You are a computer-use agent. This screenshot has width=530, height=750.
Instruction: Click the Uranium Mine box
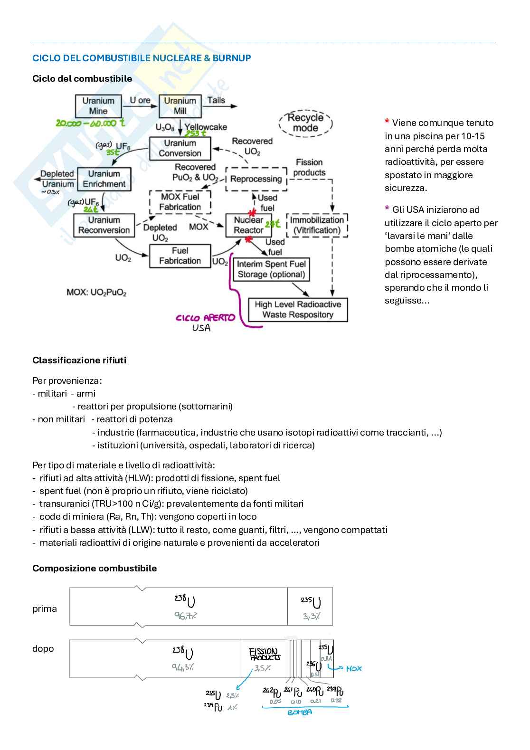(x=98, y=106)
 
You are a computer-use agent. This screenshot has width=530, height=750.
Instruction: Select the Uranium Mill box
(x=180, y=106)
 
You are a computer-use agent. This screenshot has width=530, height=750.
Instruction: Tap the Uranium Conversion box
(x=180, y=148)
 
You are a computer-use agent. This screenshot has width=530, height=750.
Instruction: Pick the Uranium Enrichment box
(x=104, y=179)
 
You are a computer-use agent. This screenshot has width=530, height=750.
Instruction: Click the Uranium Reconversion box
(x=104, y=225)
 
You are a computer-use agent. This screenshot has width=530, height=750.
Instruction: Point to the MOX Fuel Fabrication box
(x=180, y=202)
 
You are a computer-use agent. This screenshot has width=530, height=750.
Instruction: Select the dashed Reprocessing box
(x=256, y=179)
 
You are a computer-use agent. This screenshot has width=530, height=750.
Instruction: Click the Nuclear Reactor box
(x=248, y=225)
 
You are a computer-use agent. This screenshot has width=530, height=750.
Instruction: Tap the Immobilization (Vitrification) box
(x=317, y=225)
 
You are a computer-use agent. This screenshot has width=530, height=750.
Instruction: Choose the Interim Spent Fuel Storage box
(x=271, y=269)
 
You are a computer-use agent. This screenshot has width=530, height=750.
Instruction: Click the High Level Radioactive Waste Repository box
(x=298, y=310)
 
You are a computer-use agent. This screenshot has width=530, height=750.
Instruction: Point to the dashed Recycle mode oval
(x=305, y=123)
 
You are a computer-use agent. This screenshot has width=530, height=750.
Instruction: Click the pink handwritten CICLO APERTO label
(x=205, y=318)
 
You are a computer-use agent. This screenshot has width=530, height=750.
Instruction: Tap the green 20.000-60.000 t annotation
(x=90, y=123)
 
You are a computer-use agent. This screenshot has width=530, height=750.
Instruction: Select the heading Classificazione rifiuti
(x=79, y=360)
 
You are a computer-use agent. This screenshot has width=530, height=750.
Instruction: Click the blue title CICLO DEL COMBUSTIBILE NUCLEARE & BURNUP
(x=142, y=58)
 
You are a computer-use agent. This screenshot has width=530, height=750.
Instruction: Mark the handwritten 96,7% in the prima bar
(x=185, y=616)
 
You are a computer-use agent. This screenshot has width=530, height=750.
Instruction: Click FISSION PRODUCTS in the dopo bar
(x=265, y=654)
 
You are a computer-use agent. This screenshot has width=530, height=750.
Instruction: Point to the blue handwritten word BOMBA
(x=300, y=712)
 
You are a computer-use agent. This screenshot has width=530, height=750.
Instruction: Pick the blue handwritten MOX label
(x=354, y=668)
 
